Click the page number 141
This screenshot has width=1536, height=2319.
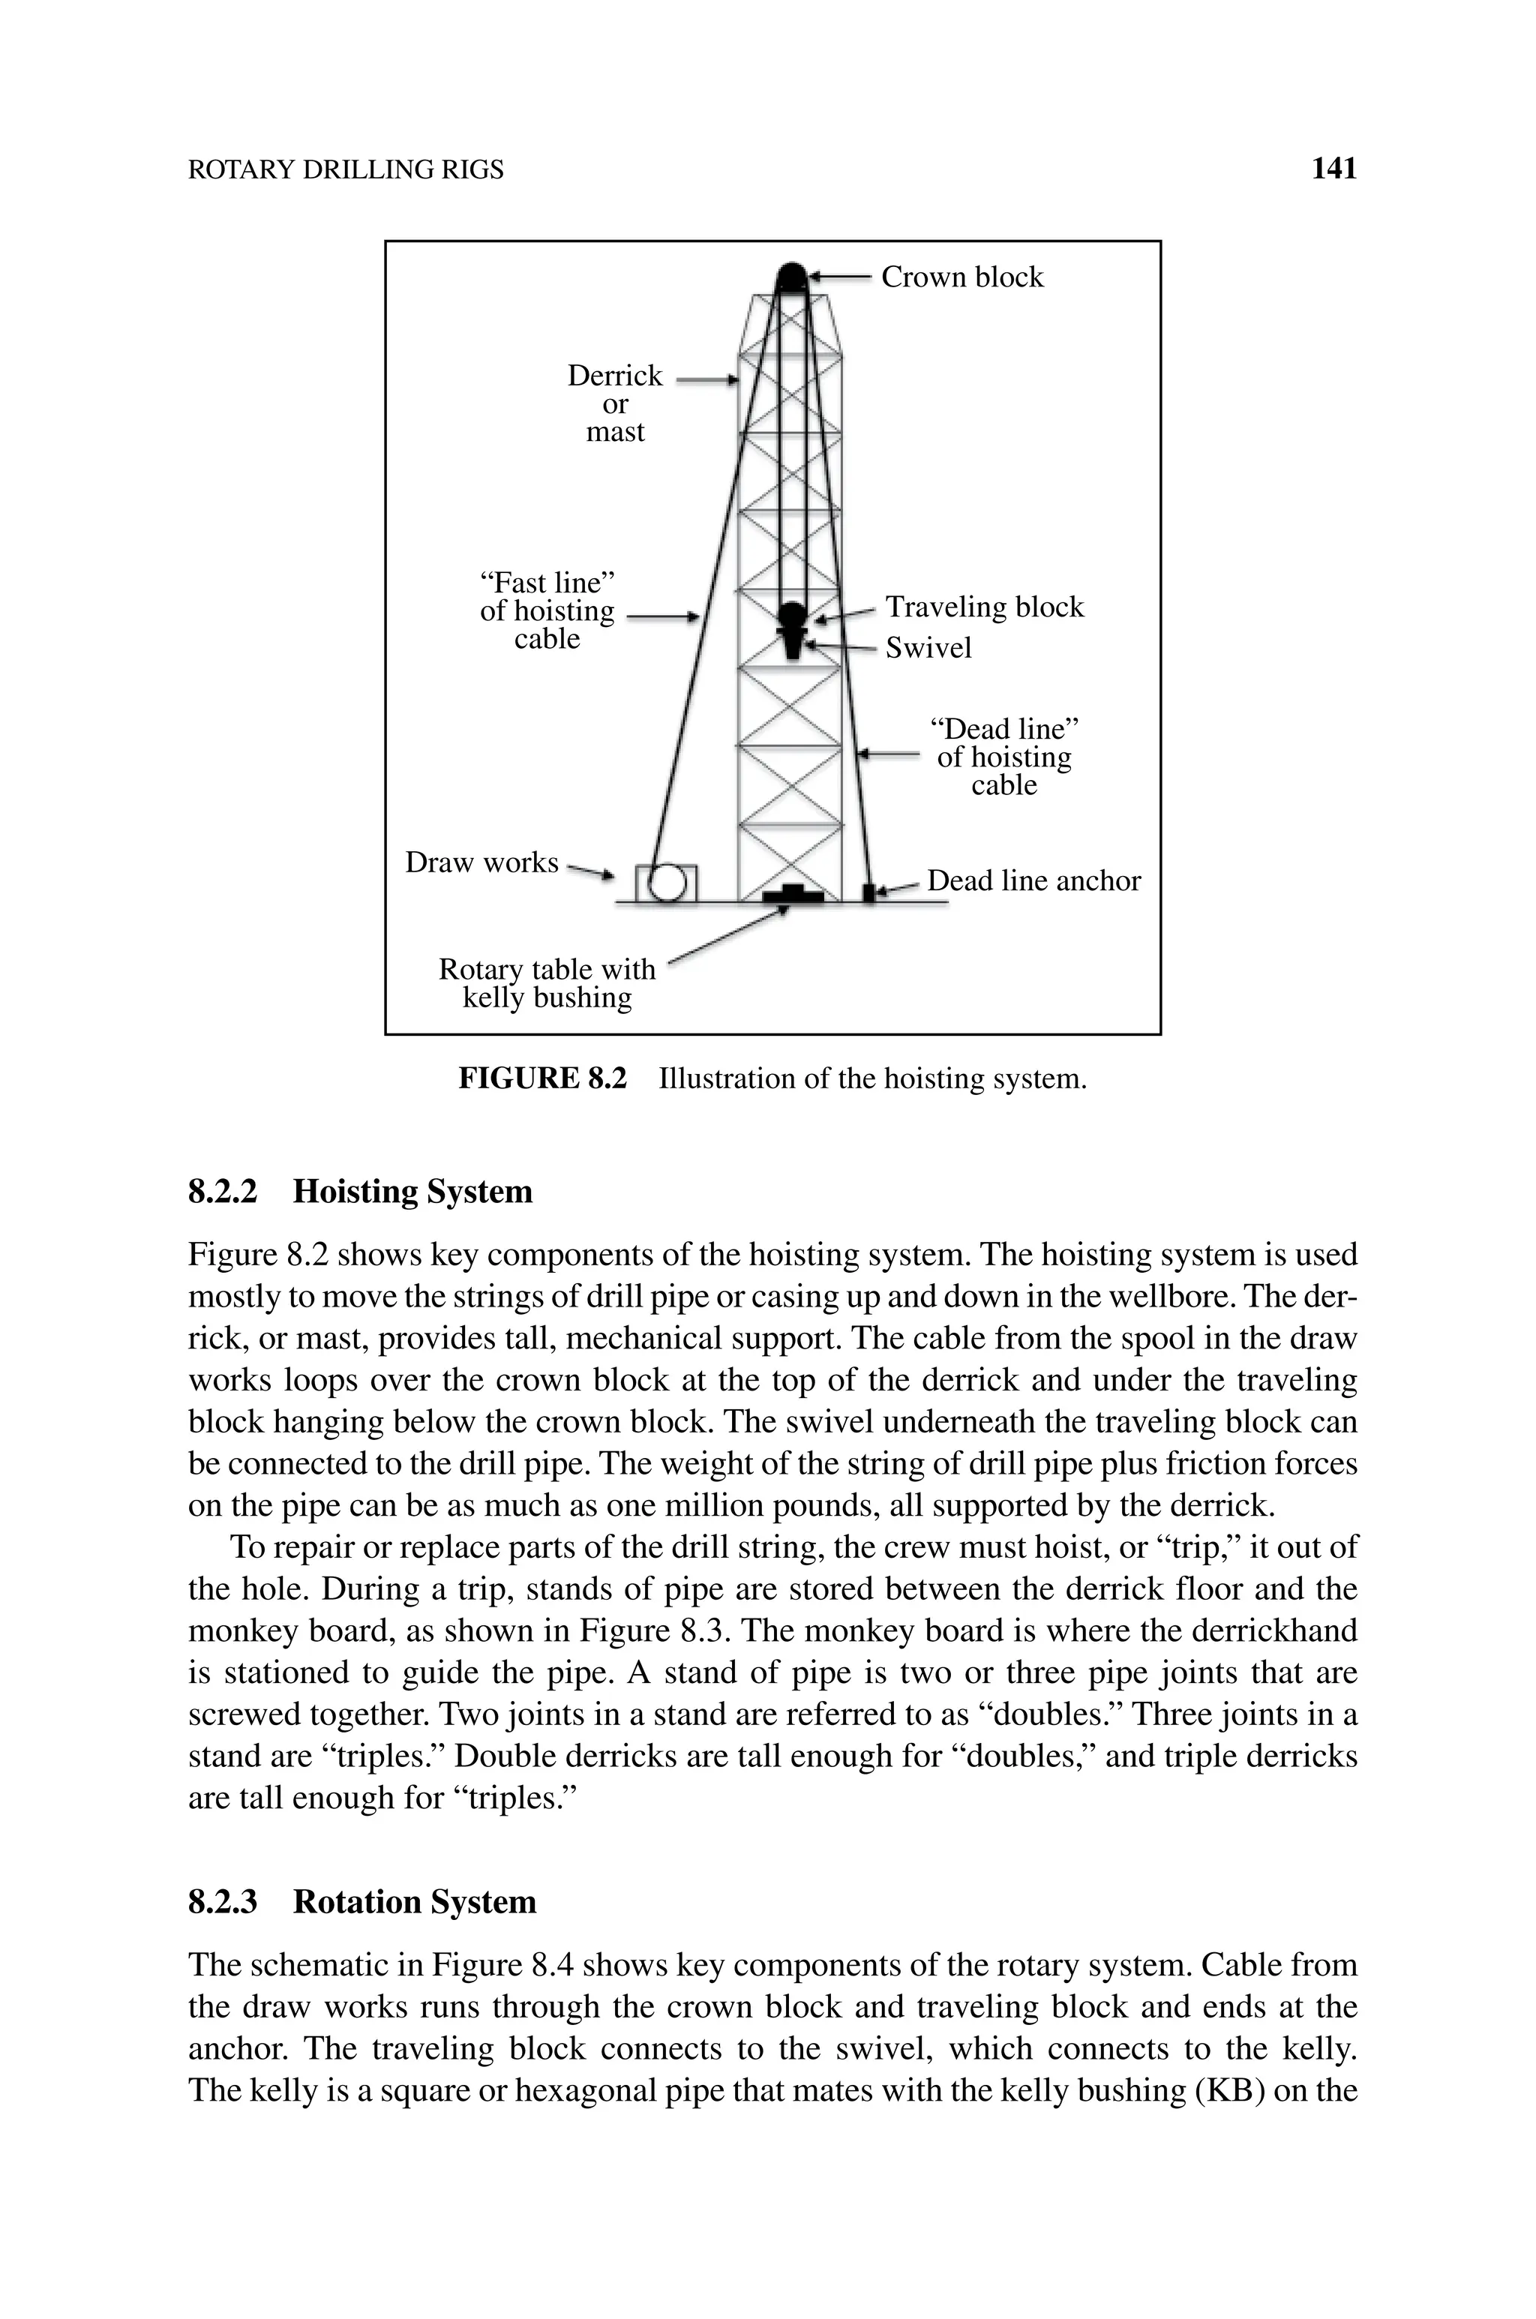(x=1333, y=169)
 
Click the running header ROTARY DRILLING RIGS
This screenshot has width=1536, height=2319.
(x=345, y=170)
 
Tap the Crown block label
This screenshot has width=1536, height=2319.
(x=962, y=277)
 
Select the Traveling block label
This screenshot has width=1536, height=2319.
(x=985, y=607)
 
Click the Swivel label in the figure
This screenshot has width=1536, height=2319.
(x=928, y=647)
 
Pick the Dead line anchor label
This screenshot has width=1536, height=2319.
(x=1033, y=880)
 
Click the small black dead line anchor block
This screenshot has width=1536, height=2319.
(x=868, y=892)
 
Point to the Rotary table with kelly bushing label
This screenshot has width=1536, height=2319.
(x=547, y=983)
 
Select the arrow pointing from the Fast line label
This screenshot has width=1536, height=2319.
(x=662, y=617)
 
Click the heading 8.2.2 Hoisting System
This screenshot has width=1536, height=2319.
(x=361, y=1192)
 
